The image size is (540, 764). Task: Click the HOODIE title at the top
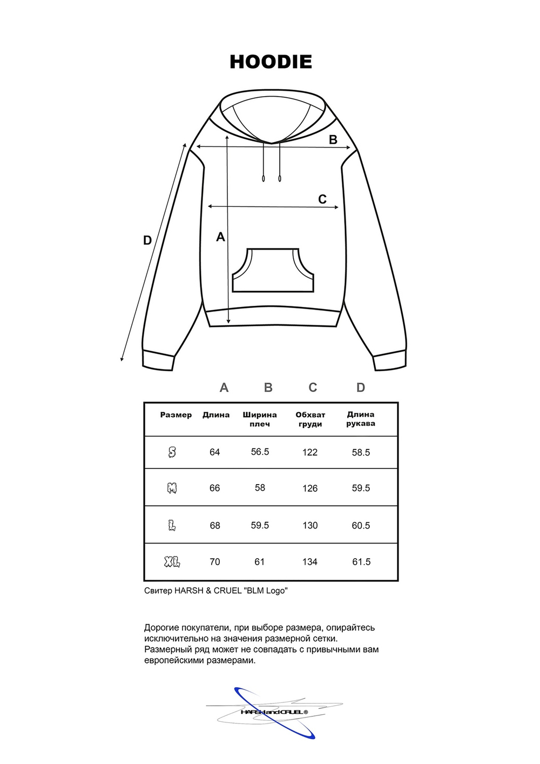click(271, 62)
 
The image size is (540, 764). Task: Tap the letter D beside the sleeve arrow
click(147, 240)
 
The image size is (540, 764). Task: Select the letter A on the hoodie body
click(220, 237)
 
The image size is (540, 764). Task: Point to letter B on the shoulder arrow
click(333, 139)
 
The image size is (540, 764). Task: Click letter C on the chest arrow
click(322, 199)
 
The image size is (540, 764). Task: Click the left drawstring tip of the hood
click(264, 178)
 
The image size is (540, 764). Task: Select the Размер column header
click(176, 415)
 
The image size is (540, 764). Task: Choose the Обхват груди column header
click(310, 419)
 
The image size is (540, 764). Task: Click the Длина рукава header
click(361, 419)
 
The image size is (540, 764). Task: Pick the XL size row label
click(172, 562)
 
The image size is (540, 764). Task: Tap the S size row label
click(172, 452)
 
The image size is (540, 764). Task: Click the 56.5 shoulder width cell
click(260, 452)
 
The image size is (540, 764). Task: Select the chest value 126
click(310, 488)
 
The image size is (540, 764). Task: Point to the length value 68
click(215, 525)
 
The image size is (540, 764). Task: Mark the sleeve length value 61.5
click(361, 562)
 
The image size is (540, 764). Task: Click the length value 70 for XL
click(215, 562)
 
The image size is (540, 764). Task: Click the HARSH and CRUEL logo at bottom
click(274, 712)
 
